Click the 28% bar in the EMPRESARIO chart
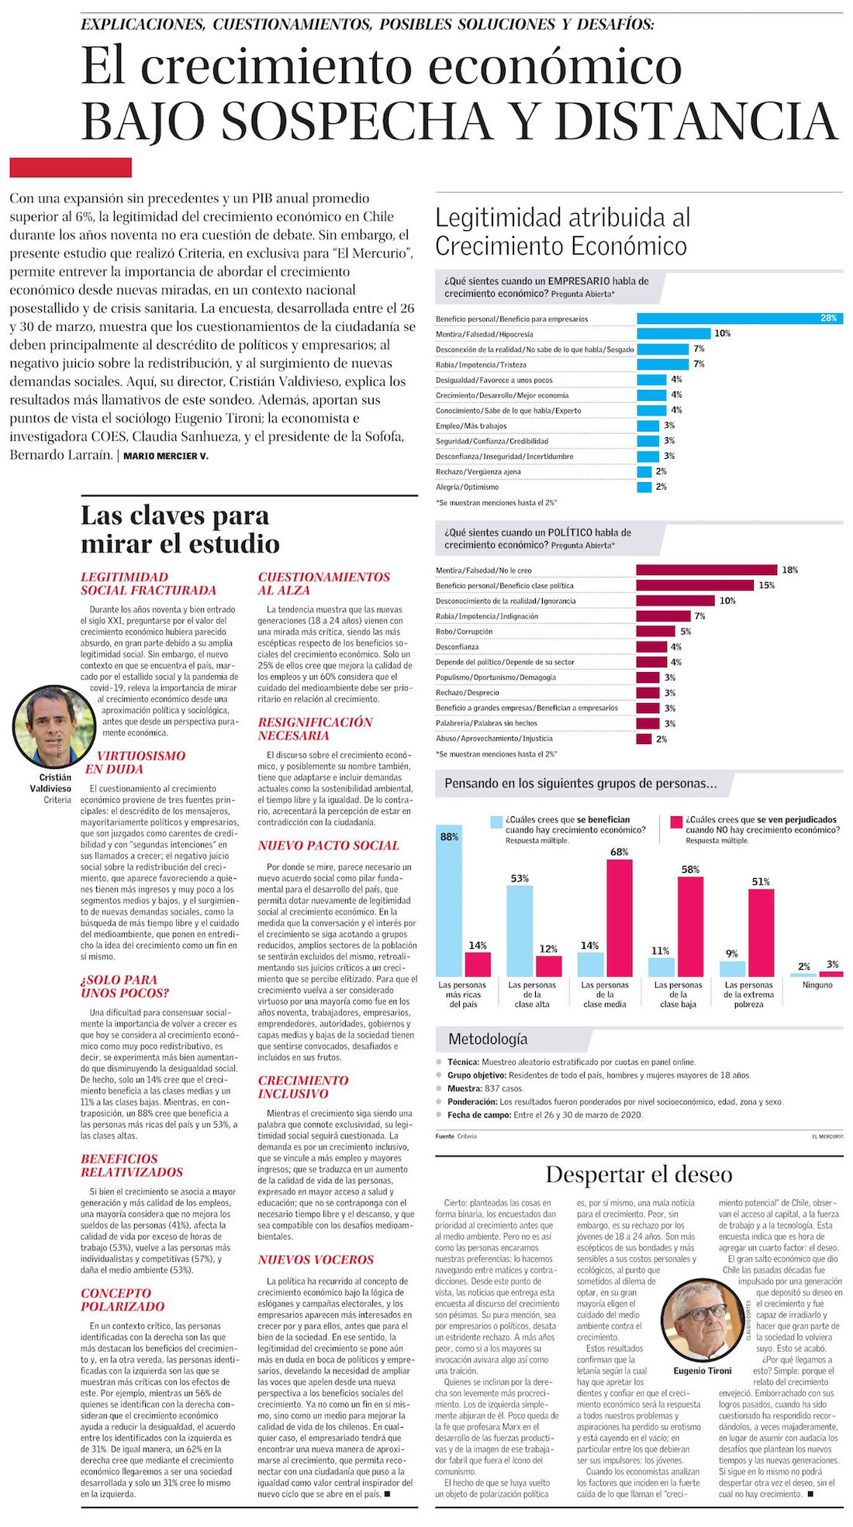click(x=739, y=319)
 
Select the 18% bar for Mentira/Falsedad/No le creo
click(x=706, y=570)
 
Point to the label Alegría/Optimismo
click(x=467, y=487)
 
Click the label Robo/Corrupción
click(x=464, y=632)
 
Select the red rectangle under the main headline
click(x=71, y=167)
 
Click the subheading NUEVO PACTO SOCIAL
click(x=328, y=846)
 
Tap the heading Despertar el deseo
click(x=638, y=1174)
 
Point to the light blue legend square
click(x=496, y=822)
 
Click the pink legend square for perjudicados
click(x=675, y=822)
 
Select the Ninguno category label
click(x=817, y=985)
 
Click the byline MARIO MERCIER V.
click(x=166, y=456)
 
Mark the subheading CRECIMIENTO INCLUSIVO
click(x=303, y=1087)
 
